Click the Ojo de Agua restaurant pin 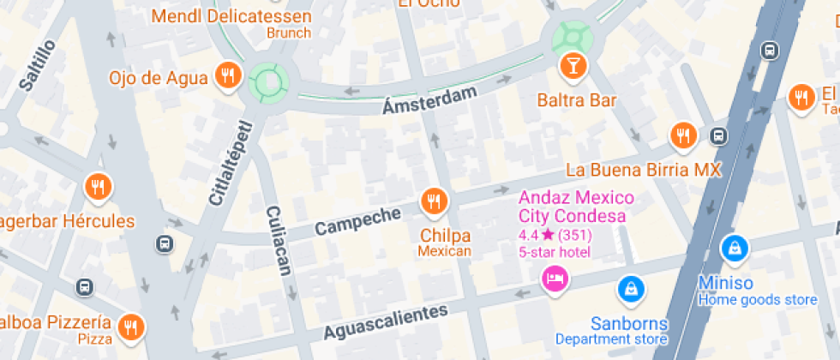(x=227, y=76)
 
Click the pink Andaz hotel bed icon (x=555, y=278)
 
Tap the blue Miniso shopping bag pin (x=735, y=249)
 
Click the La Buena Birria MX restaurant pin (x=682, y=135)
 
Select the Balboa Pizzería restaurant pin (x=131, y=326)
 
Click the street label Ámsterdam (x=429, y=101)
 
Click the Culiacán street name (x=279, y=240)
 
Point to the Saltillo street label (x=37, y=64)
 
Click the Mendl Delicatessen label (x=231, y=15)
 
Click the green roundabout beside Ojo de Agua (x=267, y=82)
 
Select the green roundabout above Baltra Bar (x=572, y=36)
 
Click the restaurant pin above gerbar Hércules (x=99, y=187)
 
